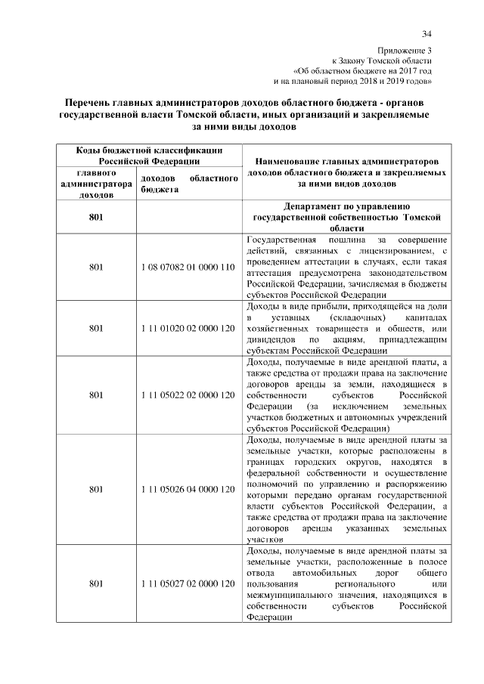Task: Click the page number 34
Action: click(427, 33)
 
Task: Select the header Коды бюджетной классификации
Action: click(138, 150)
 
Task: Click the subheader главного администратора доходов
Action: click(96, 184)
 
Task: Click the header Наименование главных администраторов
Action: click(347, 162)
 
